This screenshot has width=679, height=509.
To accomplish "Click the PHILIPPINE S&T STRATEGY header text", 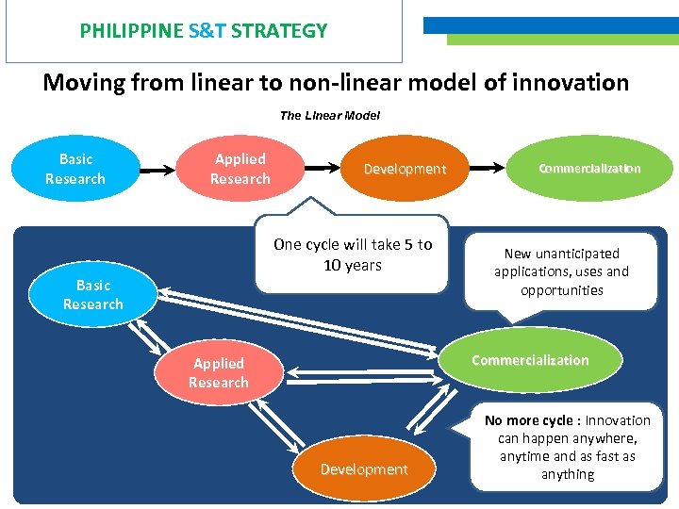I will (204, 30).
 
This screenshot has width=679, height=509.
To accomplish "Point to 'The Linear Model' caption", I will (330, 116).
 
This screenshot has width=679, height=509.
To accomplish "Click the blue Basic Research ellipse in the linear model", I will (75, 169).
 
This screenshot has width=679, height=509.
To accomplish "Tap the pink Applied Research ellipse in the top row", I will (240, 169).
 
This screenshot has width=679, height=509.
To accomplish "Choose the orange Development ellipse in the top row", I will (405, 169).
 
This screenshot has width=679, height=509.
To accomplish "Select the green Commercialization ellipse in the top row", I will (589, 169).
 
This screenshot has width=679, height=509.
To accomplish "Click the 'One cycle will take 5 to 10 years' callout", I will (353, 254).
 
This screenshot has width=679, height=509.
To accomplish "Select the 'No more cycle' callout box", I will (568, 448).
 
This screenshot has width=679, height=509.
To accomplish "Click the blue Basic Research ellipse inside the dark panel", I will (92, 294).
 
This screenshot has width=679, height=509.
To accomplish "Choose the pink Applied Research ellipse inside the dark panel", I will (219, 373).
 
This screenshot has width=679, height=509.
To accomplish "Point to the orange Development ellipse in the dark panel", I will (364, 468).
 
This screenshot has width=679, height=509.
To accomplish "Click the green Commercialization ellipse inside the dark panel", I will (530, 360).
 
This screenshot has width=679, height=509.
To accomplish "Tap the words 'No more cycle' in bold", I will (530, 420).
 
